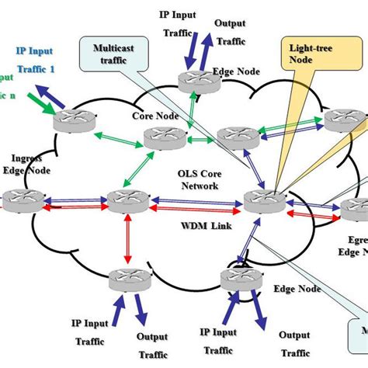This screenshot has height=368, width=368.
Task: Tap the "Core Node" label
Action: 150,116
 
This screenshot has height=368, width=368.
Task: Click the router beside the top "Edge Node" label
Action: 190,79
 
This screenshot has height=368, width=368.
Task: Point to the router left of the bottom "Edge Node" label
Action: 235,280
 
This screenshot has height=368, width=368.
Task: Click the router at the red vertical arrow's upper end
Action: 124,202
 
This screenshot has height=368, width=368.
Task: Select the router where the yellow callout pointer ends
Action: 260,202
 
